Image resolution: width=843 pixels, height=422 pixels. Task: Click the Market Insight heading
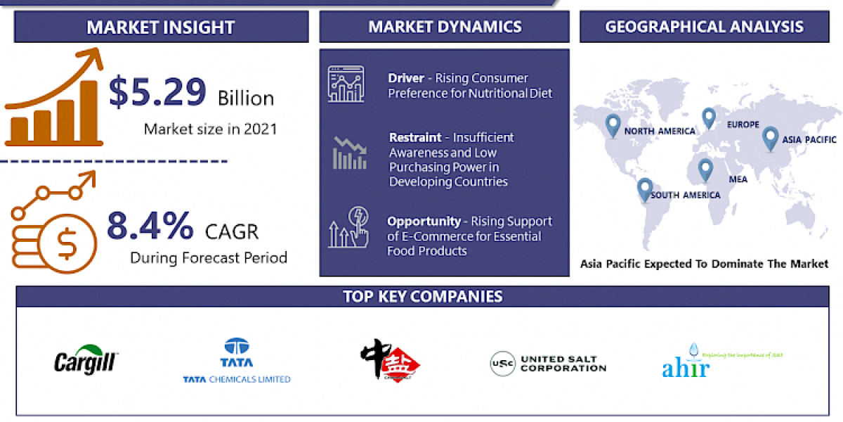[160, 27]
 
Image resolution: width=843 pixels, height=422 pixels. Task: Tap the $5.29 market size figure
[157, 92]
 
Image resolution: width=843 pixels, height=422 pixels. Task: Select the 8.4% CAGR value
[150, 226]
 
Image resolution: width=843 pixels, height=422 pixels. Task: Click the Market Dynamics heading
[445, 27]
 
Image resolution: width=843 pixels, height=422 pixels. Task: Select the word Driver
[406, 78]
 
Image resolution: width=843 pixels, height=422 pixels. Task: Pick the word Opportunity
[424, 221]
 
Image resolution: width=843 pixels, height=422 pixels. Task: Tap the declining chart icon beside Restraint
[349, 153]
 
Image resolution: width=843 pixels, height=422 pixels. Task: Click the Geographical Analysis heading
[705, 27]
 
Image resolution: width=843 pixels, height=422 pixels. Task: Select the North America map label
[660, 131]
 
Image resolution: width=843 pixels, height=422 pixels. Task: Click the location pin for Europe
[708, 117]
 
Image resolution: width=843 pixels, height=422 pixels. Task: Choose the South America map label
[685, 195]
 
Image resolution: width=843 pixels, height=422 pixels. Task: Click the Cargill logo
[87, 360]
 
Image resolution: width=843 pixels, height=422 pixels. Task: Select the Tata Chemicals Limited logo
[236, 361]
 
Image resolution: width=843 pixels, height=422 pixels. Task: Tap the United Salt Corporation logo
[548, 364]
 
